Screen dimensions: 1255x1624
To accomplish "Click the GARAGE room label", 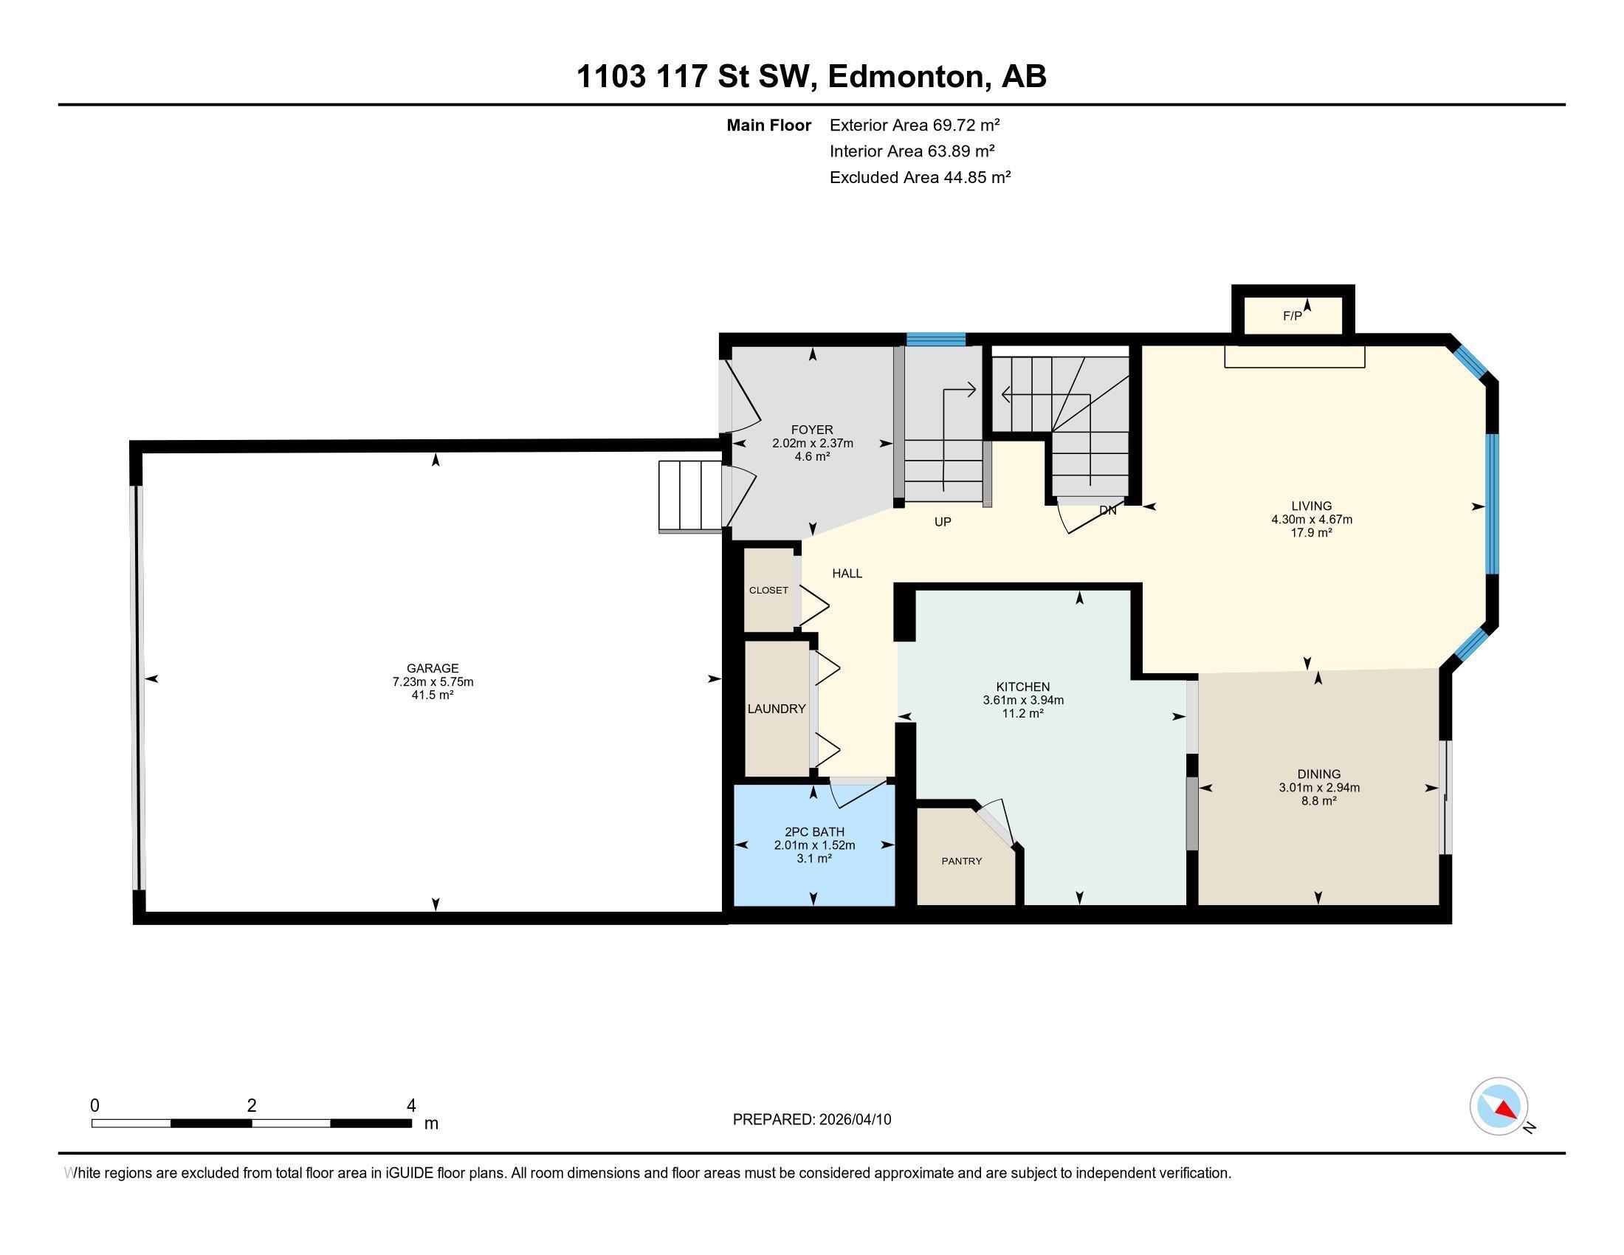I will click(432, 667).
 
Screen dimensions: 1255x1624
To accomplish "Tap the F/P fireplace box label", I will click(1293, 316).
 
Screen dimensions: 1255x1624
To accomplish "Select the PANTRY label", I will click(961, 861).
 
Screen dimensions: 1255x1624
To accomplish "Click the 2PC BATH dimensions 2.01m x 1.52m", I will click(814, 845).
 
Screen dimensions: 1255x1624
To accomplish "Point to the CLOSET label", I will click(768, 591).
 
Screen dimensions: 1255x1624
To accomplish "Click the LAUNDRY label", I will click(777, 709).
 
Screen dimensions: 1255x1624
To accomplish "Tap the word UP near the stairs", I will click(942, 522).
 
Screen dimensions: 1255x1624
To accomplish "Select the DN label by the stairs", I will click(1107, 511).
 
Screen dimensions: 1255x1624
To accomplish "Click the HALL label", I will click(847, 573).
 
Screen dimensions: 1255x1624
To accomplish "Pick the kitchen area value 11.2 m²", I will click(1022, 713).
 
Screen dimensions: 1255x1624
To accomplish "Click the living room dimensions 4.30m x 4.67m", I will click(1311, 520).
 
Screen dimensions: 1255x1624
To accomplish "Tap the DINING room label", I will click(1318, 774).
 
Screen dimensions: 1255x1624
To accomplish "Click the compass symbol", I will click(1499, 1106).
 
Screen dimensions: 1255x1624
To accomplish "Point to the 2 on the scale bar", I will click(251, 1106).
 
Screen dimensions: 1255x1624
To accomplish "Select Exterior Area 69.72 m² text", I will click(914, 125).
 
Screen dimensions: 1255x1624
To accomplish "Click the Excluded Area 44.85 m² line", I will click(920, 177).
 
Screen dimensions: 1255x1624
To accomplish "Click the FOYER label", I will click(812, 430).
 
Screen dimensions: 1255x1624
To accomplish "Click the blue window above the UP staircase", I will click(935, 340).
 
